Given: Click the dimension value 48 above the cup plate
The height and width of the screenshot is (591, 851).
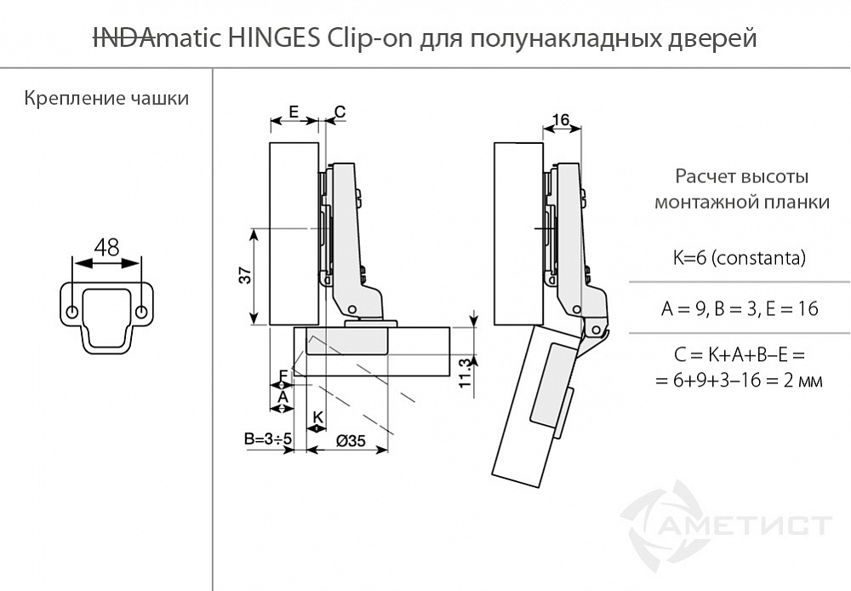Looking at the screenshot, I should click(106, 248).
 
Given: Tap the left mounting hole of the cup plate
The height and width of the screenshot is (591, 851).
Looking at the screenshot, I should click(72, 307).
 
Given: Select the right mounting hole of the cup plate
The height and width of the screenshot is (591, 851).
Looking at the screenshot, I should click(140, 307).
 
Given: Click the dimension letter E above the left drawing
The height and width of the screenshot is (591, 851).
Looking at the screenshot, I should click(293, 111).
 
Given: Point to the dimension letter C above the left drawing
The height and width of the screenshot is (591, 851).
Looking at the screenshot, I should click(340, 112).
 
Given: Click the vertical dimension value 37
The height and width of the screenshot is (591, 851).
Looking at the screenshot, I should click(243, 276).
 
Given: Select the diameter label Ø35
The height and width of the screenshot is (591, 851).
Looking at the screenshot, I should click(351, 440).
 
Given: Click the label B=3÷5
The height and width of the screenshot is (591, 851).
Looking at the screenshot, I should click(268, 439).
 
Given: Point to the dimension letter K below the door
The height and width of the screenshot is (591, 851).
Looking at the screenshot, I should click(317, 416).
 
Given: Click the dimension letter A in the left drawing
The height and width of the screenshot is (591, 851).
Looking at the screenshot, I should click(283, 395).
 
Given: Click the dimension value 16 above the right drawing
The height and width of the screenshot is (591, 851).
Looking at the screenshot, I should click(560, 120).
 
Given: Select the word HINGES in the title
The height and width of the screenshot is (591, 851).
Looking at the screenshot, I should click(274, 38).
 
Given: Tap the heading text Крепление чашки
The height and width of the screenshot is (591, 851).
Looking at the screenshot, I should click(106, 98).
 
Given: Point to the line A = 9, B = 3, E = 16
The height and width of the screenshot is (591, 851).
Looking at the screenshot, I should click(740, 309).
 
